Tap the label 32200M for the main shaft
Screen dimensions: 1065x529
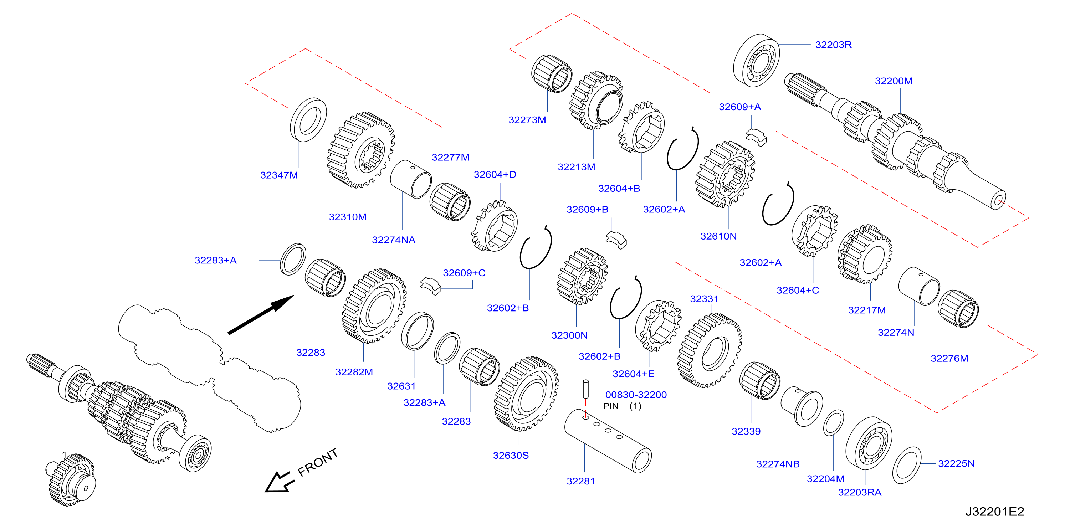(894, 81)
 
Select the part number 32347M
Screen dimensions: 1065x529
(279, 175)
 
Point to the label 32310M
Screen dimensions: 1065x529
(347, 217)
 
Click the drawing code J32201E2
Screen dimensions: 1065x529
(995, 512)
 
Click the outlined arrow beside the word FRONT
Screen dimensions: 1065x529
(280, 482)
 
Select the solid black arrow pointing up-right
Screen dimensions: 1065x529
(261, 314)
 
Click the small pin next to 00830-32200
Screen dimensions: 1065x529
(585, 389)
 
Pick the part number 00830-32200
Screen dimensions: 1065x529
(636, 395)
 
